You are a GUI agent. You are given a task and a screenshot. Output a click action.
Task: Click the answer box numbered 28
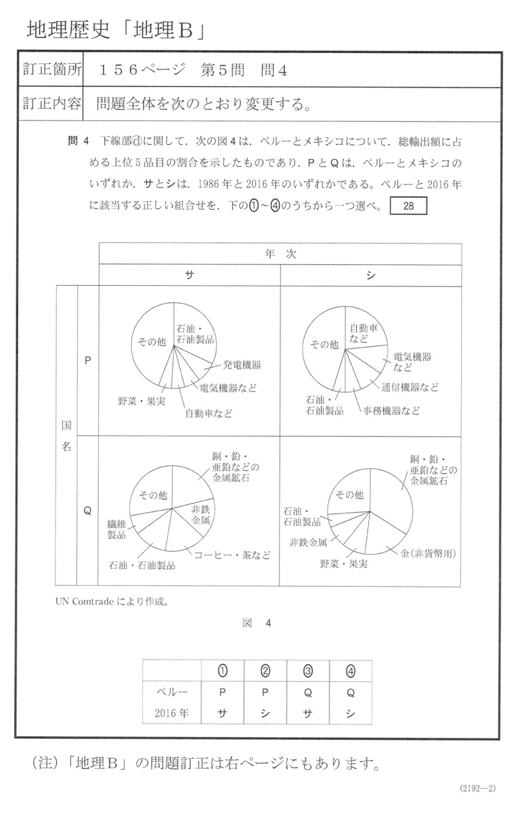408,206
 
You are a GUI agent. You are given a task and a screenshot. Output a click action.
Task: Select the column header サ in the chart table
189,275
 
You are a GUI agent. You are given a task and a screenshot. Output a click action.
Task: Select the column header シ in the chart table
371,275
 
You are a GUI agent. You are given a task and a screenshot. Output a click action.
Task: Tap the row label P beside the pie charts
88,360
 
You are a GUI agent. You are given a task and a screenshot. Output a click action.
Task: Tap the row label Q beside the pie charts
88,511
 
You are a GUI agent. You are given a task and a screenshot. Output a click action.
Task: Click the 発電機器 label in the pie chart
242,365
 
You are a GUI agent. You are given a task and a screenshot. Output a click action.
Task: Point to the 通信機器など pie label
410,387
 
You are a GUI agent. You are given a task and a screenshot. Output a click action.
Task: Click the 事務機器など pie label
392,411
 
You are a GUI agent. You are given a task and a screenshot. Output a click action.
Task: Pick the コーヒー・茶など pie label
232,555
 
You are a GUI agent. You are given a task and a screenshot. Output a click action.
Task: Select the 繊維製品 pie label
117,529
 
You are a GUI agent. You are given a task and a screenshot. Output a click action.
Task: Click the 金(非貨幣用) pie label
428,553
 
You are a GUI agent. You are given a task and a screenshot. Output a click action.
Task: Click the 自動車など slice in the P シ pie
364,331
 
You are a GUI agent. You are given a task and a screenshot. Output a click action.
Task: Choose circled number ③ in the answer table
307,671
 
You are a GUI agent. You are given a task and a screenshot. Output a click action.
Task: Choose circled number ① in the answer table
223,671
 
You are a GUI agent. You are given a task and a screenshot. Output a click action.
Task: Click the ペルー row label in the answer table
171,692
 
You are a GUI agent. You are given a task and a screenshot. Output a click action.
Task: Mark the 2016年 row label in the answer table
171,713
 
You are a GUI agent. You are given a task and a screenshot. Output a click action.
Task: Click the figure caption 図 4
256,623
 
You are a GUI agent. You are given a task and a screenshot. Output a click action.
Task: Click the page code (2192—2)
478,788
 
